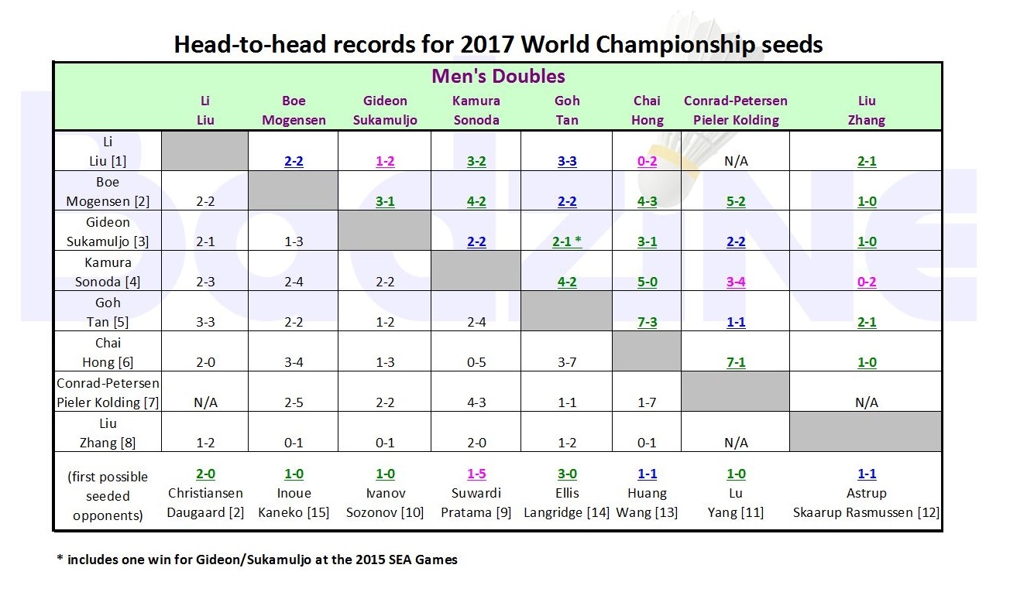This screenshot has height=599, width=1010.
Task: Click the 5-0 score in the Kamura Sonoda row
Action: click(x=647, y=282)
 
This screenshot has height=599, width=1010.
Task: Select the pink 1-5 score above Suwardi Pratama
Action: click(x=476, y=474)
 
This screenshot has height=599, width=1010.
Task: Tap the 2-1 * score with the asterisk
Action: click(x=567, y=241)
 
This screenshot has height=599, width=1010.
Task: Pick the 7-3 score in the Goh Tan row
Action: click(x=647, y=322)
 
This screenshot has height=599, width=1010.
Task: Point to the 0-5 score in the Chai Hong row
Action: click(x=476, y=362)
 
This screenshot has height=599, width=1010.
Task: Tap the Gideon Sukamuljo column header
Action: click(x=386, y=110)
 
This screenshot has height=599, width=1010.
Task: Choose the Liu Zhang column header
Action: click(x=866, y=110)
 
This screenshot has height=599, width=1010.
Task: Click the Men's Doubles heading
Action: click(x=498, y=76)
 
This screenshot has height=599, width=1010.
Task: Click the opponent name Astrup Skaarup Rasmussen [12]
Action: click(x=866, y=502)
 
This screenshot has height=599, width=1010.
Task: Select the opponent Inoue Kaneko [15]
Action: click(x=294, y=502)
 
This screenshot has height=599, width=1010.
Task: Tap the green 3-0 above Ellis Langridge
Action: click(x=567, y=474)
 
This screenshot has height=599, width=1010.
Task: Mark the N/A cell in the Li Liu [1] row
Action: click(x=736, y=162)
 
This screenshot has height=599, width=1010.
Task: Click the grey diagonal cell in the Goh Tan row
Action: click(x=567, y=311)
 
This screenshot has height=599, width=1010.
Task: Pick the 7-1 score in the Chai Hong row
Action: click(x=736, y=362)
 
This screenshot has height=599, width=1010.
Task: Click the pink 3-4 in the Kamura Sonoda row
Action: click(x=736, y=282)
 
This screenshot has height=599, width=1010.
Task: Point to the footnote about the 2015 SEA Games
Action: click(x=257, y=560)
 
